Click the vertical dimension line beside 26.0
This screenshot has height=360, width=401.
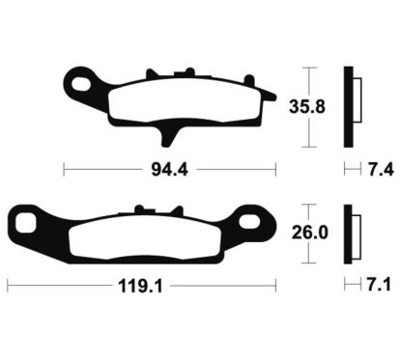point(306,233)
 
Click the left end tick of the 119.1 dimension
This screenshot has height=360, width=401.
point(7,286)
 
